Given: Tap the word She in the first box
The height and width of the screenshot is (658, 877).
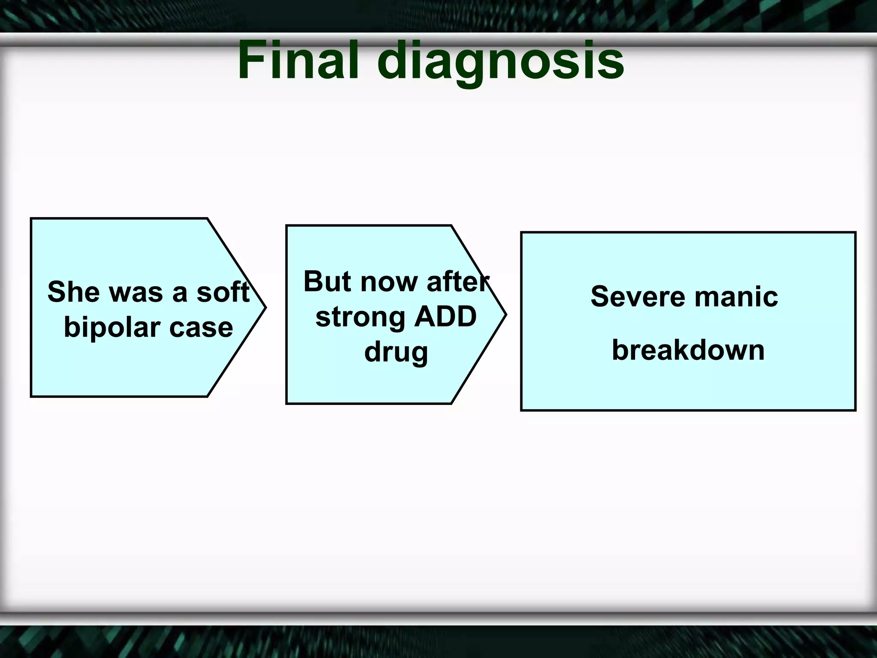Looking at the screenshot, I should pos(73,292).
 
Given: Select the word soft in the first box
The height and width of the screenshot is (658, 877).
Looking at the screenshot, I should pos(223,292).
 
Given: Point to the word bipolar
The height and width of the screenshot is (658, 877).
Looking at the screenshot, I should pos(112,328).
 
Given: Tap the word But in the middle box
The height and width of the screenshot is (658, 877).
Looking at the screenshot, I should pos(327,281).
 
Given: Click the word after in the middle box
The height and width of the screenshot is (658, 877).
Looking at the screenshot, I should pos(457,281).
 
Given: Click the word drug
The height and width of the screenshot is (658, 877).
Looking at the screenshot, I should pos(396,353).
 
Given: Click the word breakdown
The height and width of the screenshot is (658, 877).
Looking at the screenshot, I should pos(688,350).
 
